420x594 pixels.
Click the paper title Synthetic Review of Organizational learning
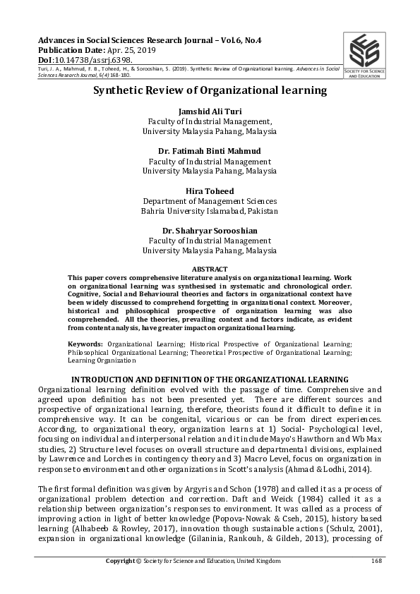[210, 90]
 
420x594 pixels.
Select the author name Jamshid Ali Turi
[210, 111]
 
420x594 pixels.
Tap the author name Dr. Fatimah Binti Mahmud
[210, 151]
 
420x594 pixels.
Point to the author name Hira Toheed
[210, 191]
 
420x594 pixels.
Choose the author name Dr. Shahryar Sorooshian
[210, 231]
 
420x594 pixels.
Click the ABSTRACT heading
[210, 269]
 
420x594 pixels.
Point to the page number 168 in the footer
[376, 561]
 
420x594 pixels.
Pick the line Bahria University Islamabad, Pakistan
[210, 211]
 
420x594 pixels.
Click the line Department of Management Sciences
[210, 201]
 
